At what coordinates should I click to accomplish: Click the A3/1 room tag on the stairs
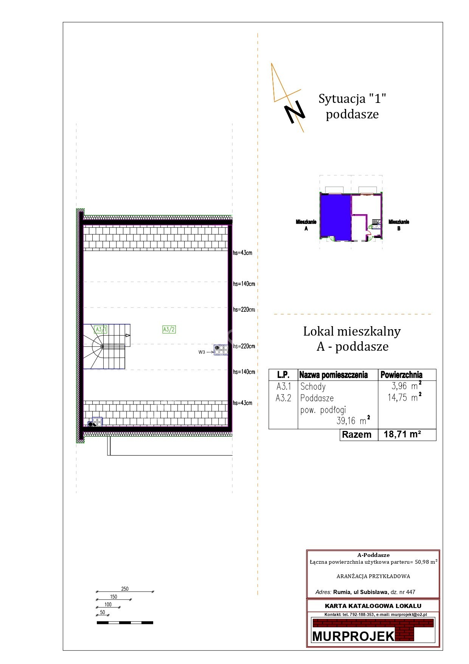tap(101, 330)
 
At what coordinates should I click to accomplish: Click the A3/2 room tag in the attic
tap(169, 330)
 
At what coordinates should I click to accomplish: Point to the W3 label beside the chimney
tap(202, 352)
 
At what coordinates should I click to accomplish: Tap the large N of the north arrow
tap(295, 112)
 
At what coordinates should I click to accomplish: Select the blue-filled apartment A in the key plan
tap(335, 217)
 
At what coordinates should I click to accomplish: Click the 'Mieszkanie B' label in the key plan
tap(399, 225)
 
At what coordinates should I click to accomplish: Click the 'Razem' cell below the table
tap(357, 435)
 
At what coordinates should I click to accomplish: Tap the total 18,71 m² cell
tap(402, 434)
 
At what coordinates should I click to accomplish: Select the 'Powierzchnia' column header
tap(401, 375)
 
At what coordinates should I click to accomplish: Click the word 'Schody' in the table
tap(313, 387)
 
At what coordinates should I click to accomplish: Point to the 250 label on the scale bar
tap(125, 589)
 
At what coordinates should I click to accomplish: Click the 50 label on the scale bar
tap(102, 612)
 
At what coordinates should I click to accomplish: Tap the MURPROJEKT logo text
tap(354, 636)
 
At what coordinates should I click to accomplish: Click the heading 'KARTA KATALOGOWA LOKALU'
tap(373, 606)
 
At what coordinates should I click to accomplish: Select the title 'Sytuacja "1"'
tap(352, 99)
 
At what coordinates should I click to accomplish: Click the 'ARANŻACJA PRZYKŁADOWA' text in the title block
tap(373, 577)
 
